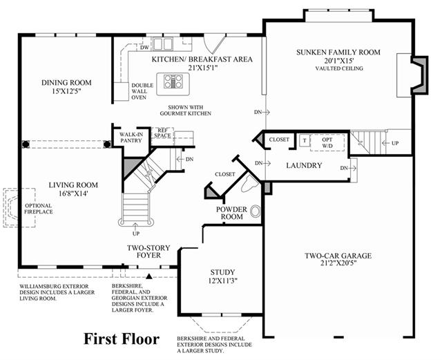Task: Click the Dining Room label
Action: [66, 83]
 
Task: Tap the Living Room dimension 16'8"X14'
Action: [73, 194]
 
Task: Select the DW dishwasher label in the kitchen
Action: [144, 48]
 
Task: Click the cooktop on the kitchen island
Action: [173, 82]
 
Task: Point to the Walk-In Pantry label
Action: [131, 138]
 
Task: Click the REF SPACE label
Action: [163, 133]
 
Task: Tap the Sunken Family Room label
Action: [338, 53]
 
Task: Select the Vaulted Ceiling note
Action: [339, 68]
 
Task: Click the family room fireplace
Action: [419, 75]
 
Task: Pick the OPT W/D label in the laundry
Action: [327, 142]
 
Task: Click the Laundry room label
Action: [304, 165]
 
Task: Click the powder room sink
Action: [255, 211]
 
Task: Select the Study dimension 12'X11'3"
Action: [222, 281]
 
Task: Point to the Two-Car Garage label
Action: [338, 256]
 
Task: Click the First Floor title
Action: [122, 339]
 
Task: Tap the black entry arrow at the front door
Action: [149, 276]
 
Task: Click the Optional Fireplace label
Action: [39, 209]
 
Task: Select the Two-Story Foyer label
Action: [148, 252]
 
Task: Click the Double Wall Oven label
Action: [142, 91]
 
